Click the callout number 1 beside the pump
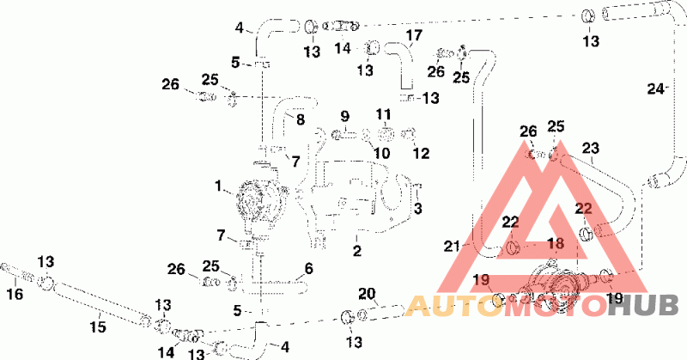[218, 186]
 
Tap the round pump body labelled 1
[256, 204]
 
